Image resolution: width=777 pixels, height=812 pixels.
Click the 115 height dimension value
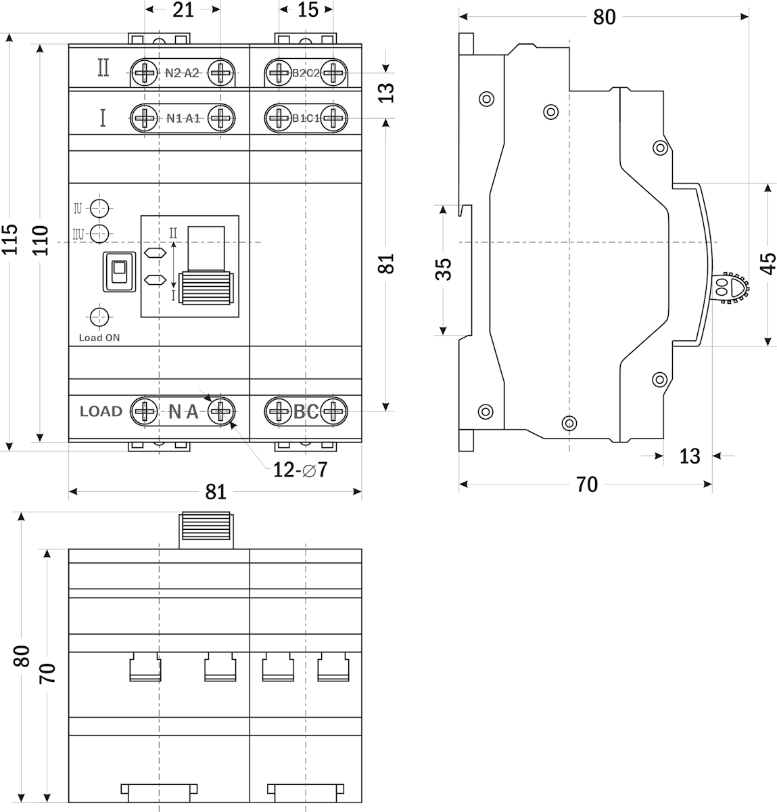pos(9,240)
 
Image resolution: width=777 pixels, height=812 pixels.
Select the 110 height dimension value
pos(41,240)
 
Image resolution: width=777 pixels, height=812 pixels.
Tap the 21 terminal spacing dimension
pos(183,9)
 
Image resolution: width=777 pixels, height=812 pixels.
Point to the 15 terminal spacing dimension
pos(307,9)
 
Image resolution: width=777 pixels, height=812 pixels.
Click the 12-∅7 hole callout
pos(300,469)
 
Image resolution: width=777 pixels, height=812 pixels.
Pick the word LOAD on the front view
pos(101,411)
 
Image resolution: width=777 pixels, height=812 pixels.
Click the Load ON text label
pos(99,338)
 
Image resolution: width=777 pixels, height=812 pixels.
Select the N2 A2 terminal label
pos(182,73)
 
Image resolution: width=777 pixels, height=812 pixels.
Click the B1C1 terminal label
pos(305,118)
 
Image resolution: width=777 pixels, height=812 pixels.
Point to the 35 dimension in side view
pos(442,269)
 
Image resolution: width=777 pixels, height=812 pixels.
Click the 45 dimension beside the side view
pos(768,263)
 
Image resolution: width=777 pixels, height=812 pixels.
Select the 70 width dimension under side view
pos(587,484)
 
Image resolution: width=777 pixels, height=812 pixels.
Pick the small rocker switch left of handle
pos(119,271)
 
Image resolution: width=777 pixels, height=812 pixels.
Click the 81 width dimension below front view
pos(216,492)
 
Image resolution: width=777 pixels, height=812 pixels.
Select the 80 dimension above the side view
pos(604,16)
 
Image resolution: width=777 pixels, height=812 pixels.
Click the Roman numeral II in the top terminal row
pos(103,68)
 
